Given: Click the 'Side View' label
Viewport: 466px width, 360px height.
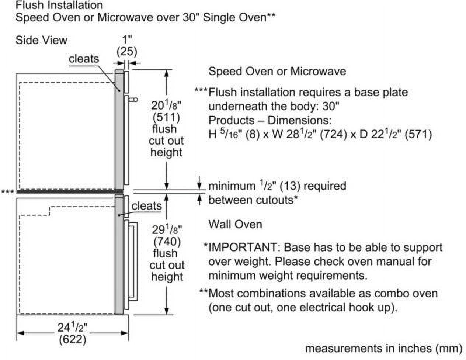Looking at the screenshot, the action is pyautogui.click(x=41, y=40).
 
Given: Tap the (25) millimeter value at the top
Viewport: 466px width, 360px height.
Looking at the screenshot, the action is pyautogui.click(x=127, y=52).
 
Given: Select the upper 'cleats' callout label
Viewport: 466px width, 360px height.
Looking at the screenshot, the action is pyautogui.click(x=84, y=59).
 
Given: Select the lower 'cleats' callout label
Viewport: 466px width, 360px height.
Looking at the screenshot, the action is pyautogui.click(x=146, y=206).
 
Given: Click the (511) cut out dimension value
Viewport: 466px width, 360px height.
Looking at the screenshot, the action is pyautogui.click(x=166, y=117).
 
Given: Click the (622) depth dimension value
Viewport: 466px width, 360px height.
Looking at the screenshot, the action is pyautogui.click(x=73, y=339).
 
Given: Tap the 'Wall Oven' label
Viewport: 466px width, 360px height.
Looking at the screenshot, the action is pyautogui.click(x=235, y=225).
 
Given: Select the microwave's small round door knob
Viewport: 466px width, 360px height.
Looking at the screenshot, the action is pyautogui.click(x=135, y=100).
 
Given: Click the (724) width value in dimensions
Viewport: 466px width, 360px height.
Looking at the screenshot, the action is pyautogui.click(x=333, y=135).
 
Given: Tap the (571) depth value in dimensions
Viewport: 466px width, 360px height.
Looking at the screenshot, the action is pyautogui.click(x=418, y=135).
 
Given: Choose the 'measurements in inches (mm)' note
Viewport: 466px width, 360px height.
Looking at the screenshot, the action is pyautogui.click(x=384, y=349).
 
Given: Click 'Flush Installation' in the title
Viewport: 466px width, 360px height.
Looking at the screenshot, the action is pyautogui.click(x=59, y=5).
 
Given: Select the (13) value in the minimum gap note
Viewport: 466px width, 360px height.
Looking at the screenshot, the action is pyautogui.click(x=291, y=186).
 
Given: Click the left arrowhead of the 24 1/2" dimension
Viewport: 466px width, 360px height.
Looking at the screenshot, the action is pyautogui.click(x=20, y=333).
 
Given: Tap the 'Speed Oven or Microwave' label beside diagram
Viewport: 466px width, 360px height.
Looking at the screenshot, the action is pyautogui.click(x=277, y=71).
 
